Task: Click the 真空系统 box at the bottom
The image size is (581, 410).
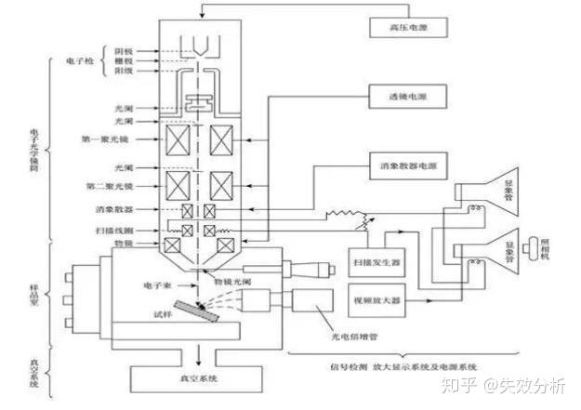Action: click(x=199, y=377)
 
